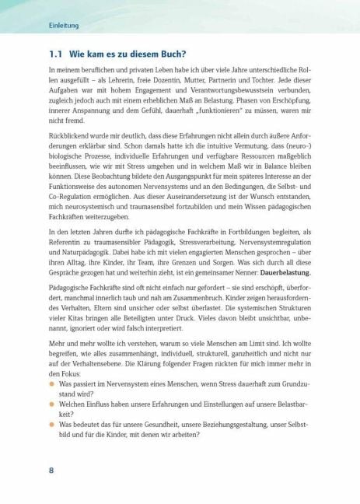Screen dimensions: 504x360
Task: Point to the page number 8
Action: pyautogui.click(x=51, y=470)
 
